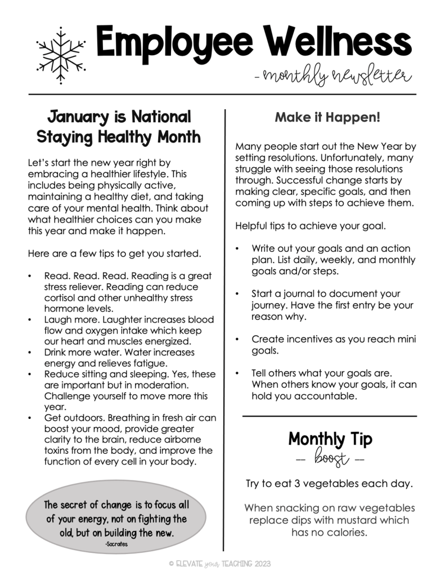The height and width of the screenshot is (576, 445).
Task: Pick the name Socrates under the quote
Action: coord(116,544)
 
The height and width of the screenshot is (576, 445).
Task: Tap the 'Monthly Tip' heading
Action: coord(330,439)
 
